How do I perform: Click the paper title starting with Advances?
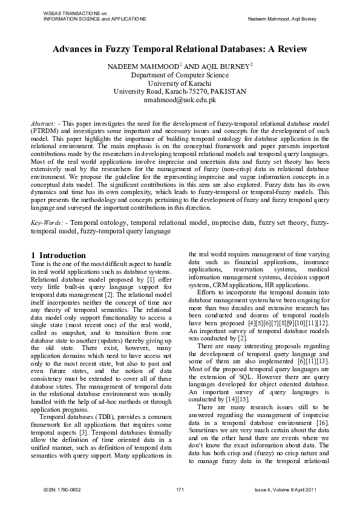pos(180,48)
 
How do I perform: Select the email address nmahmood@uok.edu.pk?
pos(180,100)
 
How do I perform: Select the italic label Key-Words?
pos(47,223)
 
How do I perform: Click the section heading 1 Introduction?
pos(58,256)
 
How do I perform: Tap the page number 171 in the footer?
pos(180,488)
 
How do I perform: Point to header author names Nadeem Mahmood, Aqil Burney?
pos(282,19)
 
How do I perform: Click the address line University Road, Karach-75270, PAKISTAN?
pos(180,91)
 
